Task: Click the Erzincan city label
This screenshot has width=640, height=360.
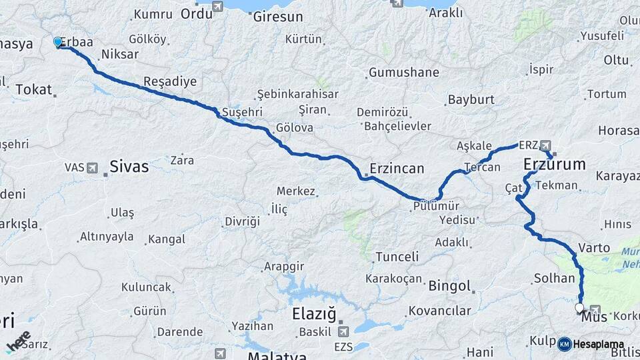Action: (397, 168)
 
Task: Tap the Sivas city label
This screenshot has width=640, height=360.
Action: (129, 166)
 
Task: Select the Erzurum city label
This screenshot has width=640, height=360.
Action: (555, 164)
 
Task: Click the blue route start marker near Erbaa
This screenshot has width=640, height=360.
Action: (58, 43)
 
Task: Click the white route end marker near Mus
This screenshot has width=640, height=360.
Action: (579, 307)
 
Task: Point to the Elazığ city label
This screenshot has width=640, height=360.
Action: (314, 313)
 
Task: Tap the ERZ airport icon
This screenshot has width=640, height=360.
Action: (547, 145)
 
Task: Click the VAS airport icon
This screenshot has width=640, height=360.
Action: (91, 167)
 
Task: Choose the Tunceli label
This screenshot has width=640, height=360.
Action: (397, 257)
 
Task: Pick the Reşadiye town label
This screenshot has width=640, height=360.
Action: (170, 82)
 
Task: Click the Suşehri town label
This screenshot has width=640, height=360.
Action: (243, 111)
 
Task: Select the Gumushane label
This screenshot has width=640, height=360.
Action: (403, 72)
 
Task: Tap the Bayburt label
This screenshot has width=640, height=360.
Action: (471, 99)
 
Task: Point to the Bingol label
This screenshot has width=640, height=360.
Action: (450, 287)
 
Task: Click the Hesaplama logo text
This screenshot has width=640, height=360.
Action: (599, 344)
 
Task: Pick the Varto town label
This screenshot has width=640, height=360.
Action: (594, 247)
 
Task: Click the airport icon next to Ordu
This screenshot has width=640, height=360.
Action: (217, 6)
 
